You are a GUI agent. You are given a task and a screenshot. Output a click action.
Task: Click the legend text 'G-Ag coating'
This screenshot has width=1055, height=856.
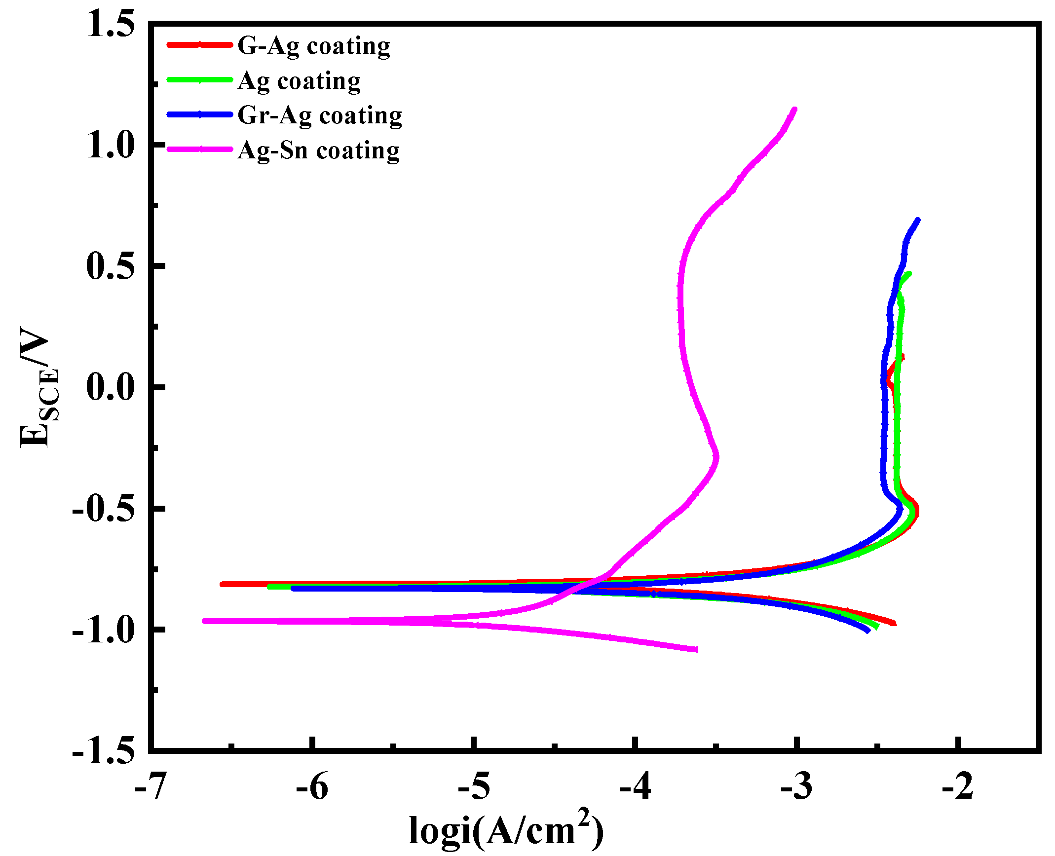point(314,46)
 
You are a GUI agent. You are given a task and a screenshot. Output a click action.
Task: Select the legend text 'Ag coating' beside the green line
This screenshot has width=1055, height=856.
point(299,81)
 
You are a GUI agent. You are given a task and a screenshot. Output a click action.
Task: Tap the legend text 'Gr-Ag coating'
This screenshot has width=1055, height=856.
point(320,115)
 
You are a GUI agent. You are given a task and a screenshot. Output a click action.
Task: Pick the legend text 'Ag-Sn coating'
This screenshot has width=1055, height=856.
point(318,150)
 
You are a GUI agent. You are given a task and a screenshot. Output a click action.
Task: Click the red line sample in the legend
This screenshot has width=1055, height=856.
point(200,45)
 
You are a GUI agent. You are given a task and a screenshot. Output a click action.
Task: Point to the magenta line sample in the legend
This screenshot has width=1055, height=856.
point(200,149)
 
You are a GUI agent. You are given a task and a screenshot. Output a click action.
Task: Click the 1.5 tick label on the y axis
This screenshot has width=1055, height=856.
point(110,23)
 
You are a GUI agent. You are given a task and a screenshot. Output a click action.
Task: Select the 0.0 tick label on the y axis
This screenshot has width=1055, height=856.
point(110,387)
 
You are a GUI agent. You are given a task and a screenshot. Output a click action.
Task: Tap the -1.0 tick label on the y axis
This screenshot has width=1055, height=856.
point(103,630)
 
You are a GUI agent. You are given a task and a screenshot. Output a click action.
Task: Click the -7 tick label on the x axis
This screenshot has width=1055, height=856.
point(150,786)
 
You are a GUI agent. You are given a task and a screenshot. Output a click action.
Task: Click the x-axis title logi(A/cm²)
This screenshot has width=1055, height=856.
point(506,830)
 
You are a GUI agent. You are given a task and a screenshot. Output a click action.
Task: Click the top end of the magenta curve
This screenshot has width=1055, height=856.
point(794,110)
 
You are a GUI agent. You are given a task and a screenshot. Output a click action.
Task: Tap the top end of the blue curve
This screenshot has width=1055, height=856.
point(917,220)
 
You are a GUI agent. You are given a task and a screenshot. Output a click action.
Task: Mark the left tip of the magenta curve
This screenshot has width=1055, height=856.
point(205,621)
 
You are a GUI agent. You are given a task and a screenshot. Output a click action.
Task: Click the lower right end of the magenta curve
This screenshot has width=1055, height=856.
point(696,649)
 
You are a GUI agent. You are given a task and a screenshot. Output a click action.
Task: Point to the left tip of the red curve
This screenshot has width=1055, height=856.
point(222,584)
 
